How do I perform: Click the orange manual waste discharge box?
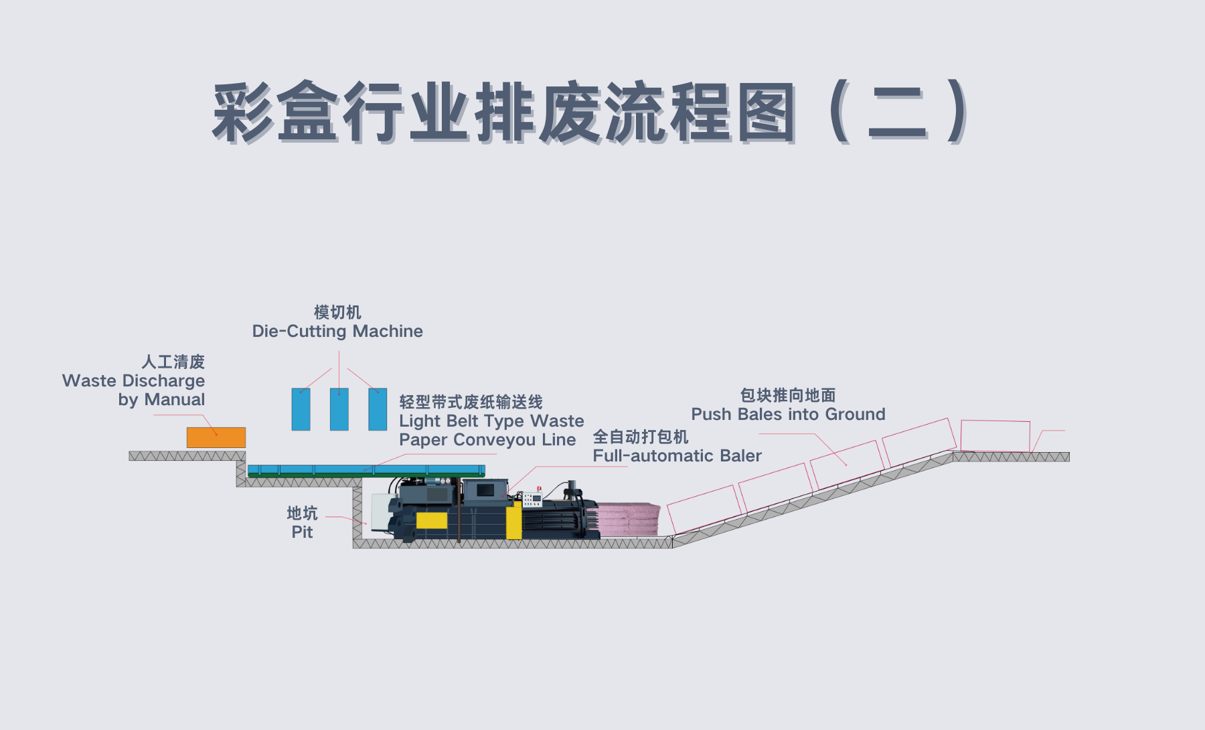click(x=216, y=437)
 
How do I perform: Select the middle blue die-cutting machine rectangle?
click(x=339, y=409)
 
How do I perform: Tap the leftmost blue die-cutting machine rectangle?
click(x=301, y=409)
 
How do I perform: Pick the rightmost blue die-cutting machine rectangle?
click(x=378, y=409)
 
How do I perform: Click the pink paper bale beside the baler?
click(x=627, y=520)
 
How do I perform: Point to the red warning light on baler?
click(x=539, y=488)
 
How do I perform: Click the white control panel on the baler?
click(x=532, y=500)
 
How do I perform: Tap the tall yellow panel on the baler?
click(x=513, y=520)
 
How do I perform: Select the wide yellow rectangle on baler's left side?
click(x=432, y=520)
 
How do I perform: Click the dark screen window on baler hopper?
click(x=485, y=491)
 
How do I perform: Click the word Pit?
click(x=302, y=532)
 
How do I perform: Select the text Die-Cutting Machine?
click(x=337, y=332)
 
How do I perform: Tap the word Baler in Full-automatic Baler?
click(x=740, y=456)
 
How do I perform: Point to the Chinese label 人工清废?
click(x=173, y=362)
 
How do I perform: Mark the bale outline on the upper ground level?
click(x=995, y=436)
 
